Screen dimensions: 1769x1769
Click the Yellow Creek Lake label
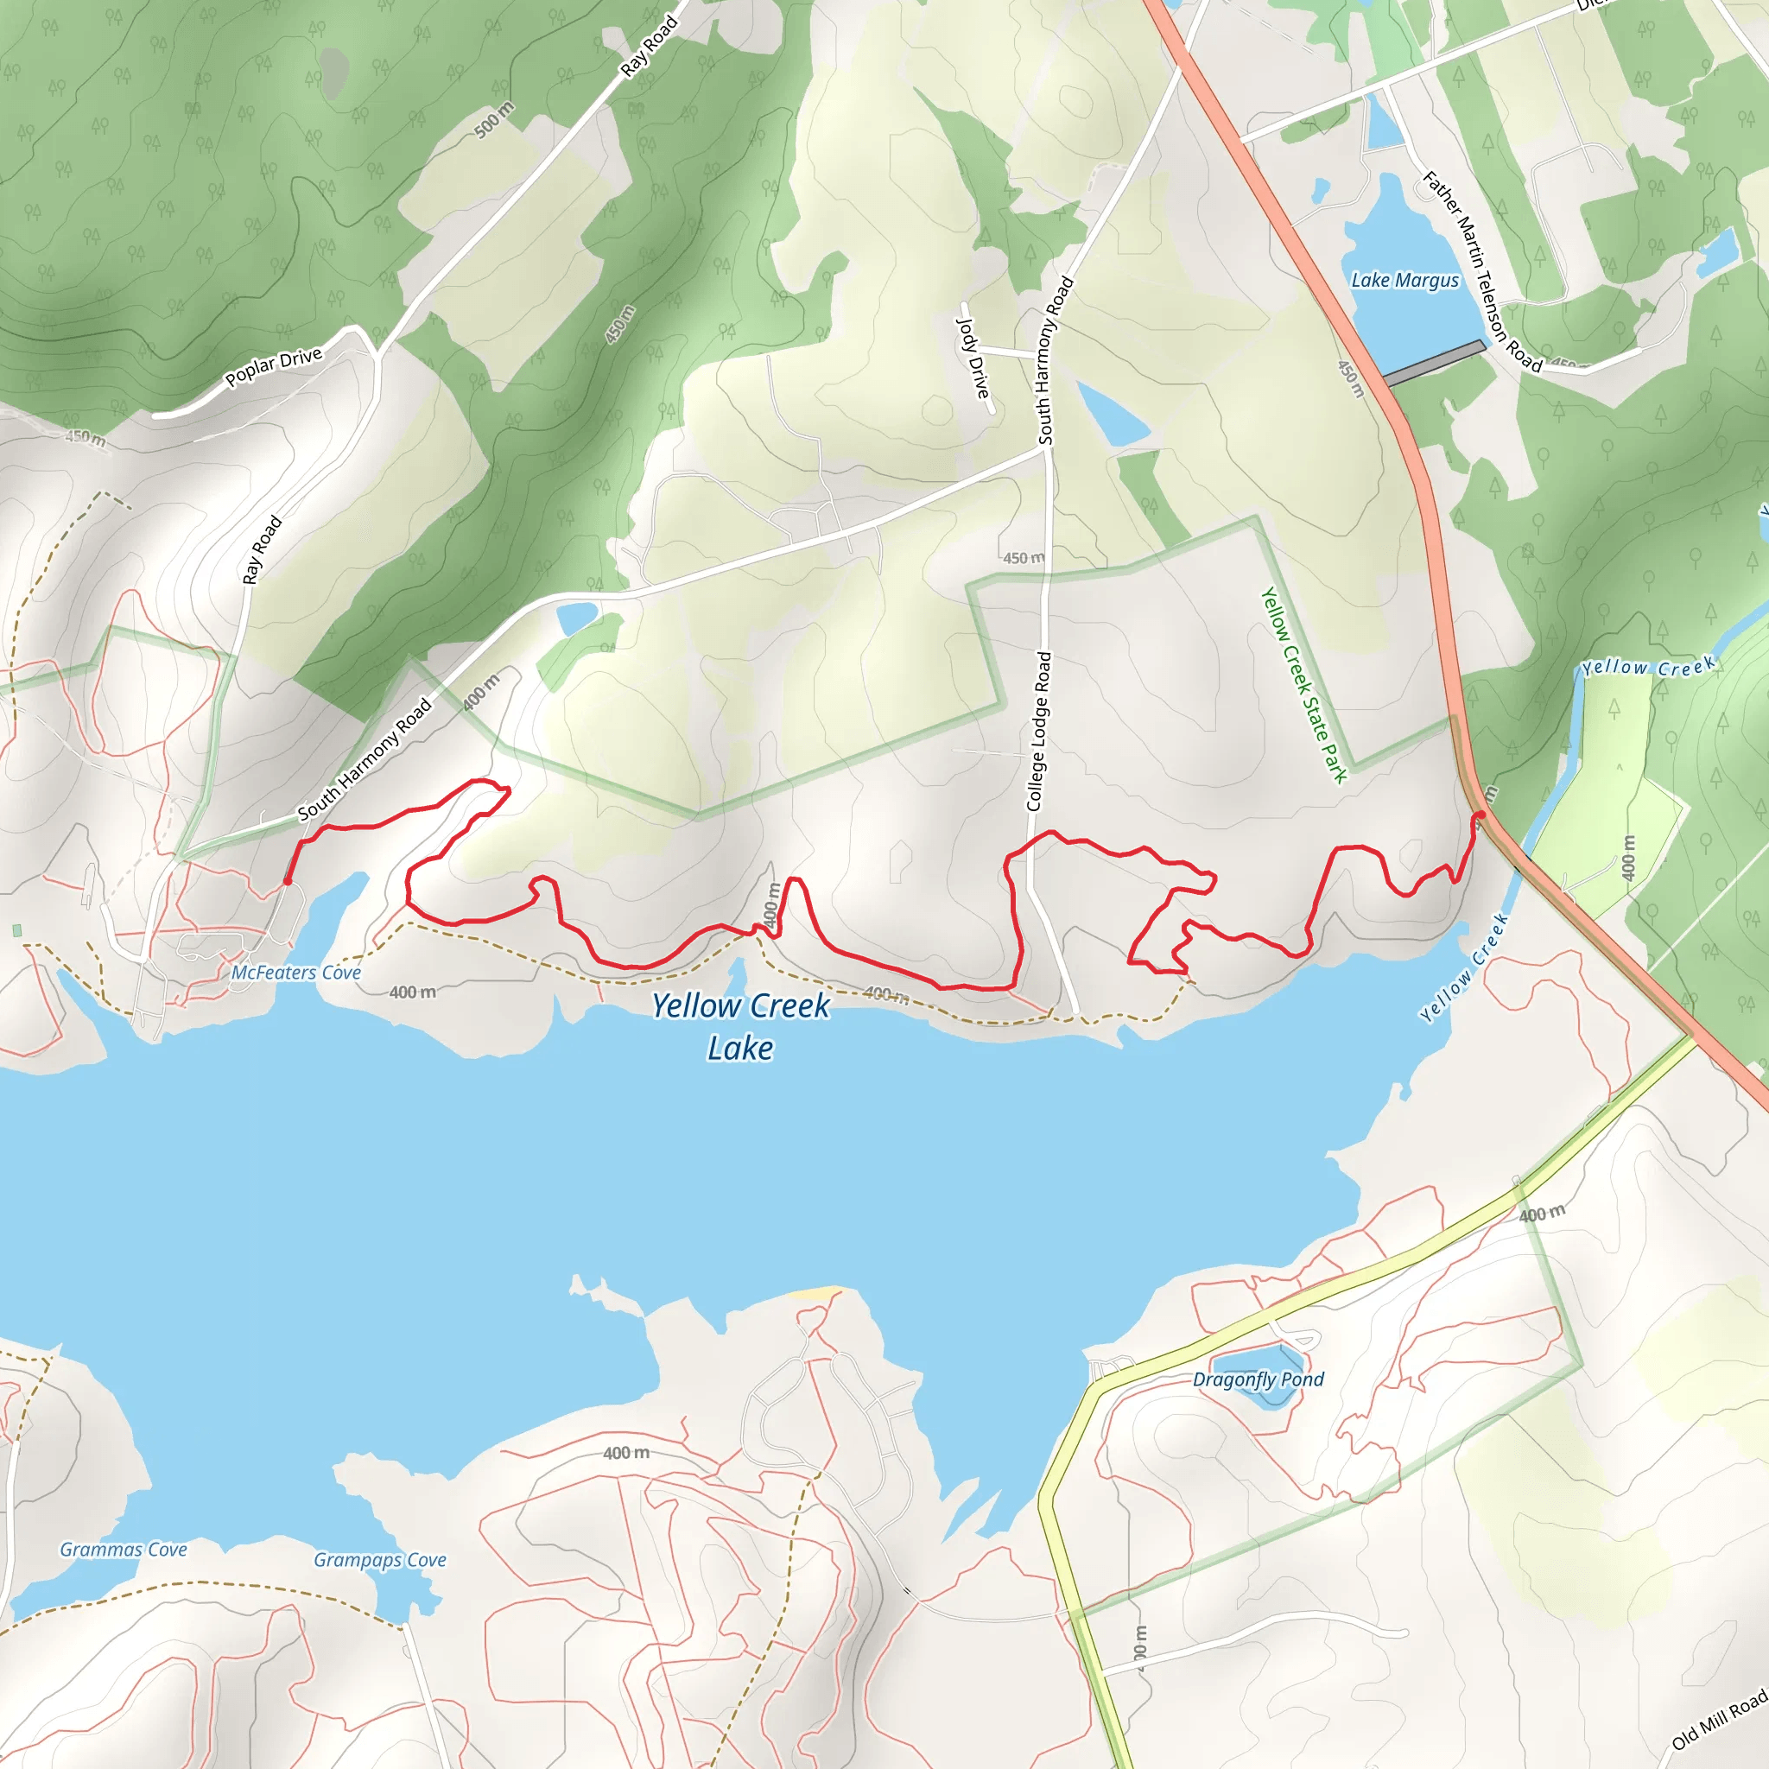click(x=740, y=1026)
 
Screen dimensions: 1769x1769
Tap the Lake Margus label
click(x=1404, y=280)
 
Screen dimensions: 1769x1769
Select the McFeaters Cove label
click(x=295, y=973)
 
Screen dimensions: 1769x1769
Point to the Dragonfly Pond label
click(x=1258, y=1379)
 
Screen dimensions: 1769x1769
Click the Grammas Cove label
click(x=124, y=1550)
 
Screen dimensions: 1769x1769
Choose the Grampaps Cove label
click(x=380, y=1559)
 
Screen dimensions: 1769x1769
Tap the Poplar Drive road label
click(x=273, y=366)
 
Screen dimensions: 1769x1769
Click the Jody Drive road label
click(x=973, y=358)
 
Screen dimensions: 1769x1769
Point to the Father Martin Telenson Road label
click(x=1481, y=272)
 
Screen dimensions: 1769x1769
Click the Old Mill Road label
click(x=1719, y=1721)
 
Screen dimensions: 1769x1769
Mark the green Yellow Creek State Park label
click(x=1303, y=685)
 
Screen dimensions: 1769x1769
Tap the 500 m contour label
click(x=493, y=121)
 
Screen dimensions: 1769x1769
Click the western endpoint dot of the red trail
click(x=288, y=881)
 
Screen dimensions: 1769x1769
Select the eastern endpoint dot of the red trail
click(x=1480, y=814)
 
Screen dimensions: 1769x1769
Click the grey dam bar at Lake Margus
click(x=1434, y=363)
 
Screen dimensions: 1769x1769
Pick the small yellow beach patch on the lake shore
click(x=813, y=1293)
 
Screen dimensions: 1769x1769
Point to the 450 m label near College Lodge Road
click(x=1023, y=558)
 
